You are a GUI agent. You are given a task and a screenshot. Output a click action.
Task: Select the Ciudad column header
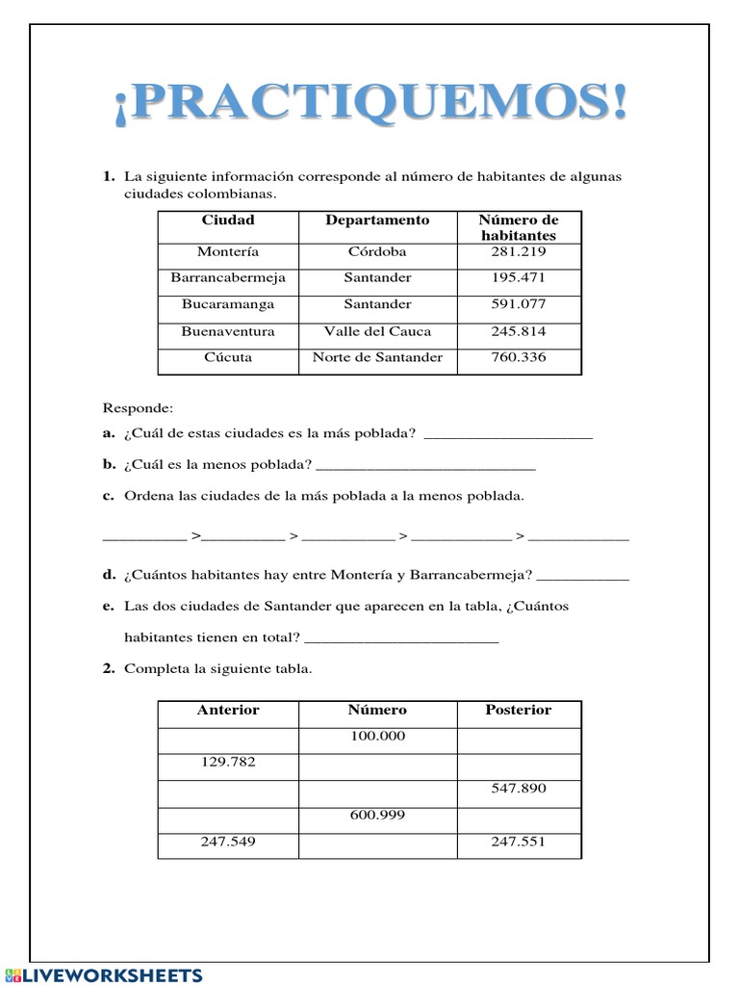228,221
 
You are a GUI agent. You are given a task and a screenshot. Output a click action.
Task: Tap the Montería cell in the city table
228,252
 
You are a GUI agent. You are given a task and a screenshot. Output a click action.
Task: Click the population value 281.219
518,252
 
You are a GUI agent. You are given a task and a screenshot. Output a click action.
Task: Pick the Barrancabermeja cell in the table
228,278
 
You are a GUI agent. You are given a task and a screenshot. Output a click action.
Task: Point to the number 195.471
518,278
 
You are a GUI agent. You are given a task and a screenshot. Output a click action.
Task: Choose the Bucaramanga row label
228,304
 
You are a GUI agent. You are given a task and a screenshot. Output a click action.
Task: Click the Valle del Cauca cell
377,331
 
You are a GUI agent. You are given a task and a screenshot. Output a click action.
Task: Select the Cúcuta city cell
228,357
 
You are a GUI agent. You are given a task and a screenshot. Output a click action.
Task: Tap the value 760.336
518,357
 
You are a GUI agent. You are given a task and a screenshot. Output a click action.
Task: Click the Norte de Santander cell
377,357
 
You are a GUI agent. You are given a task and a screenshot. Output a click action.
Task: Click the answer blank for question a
508,435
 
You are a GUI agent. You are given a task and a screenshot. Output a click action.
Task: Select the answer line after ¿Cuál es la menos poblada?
425,466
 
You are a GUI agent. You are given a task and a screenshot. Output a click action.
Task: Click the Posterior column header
518,711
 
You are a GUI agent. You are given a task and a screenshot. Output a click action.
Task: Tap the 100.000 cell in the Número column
377,737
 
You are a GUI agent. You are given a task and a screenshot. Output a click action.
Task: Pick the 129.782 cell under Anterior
228,763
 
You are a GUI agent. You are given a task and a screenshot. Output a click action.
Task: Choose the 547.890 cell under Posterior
518,789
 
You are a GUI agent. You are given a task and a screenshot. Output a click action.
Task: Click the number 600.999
377,816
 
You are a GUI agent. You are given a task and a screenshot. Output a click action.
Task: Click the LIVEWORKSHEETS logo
104,974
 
